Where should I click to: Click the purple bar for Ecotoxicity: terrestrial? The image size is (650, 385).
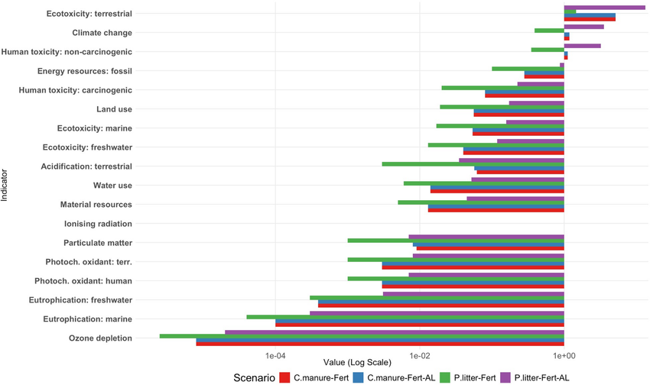(604, 7)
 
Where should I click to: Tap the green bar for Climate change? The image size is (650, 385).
(549, 31)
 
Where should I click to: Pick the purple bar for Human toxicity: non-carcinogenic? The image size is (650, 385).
(582, 46)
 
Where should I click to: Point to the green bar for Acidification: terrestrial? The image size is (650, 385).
(473, 163)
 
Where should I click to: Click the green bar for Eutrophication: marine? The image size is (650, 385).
(405, 316)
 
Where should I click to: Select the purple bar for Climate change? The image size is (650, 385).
(583, 27)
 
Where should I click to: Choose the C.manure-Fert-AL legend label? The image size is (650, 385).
(405, 377)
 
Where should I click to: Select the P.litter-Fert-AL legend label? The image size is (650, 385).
(542, 377)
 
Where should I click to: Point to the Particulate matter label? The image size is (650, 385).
(99, 243)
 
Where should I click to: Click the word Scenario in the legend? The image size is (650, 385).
(254, 377)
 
